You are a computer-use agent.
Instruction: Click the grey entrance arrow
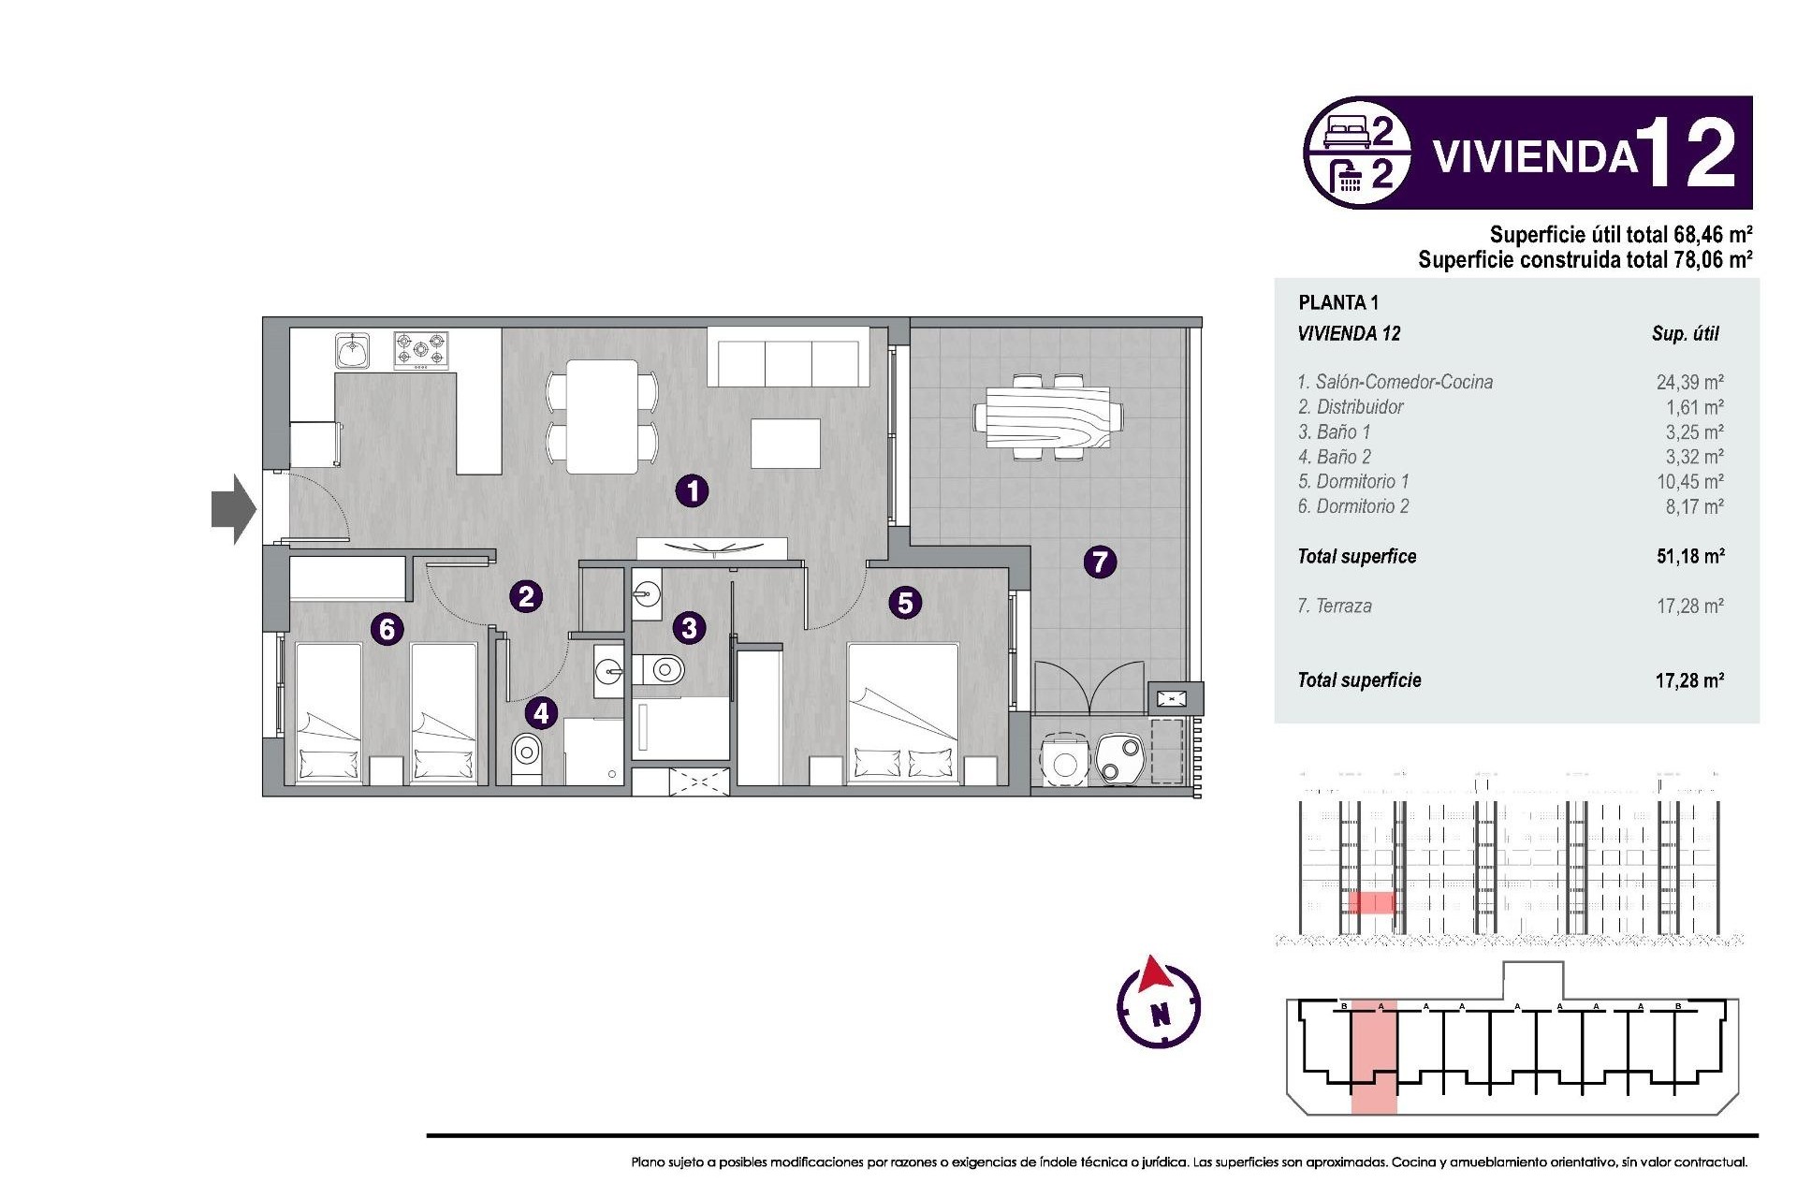tap(232, 509)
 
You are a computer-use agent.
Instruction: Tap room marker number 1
tap(693, 490)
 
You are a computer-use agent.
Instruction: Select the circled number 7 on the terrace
tap(1100, 562)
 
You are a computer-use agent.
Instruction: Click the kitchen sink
tap(353, 352)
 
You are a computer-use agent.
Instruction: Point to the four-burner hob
tap(420, 351)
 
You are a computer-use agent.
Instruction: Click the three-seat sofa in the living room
tap(788, 358)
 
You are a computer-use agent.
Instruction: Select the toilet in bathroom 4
tap(527, 753)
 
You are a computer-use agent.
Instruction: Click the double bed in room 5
tap(903, 711)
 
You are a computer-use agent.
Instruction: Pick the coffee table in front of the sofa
tap(785, 444)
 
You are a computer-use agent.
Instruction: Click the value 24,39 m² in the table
tap(1689, 382)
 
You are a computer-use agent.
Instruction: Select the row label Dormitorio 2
tap(1352, 506)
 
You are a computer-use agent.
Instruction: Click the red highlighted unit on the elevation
tap(1371, 902)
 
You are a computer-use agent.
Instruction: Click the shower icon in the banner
tap(1348, 175)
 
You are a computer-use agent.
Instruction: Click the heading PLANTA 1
tap(1338, 302)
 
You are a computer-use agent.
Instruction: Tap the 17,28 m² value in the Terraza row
tap(1689, 606)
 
